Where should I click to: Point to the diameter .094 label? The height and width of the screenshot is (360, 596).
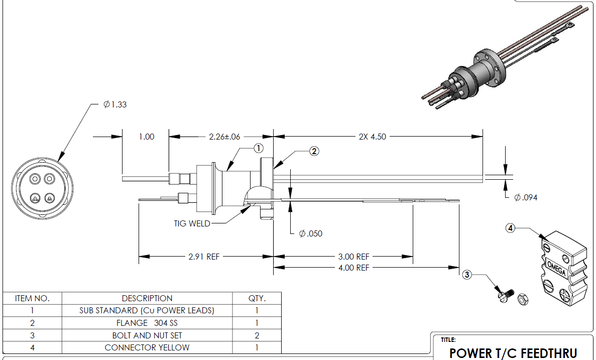(x=526, y=197)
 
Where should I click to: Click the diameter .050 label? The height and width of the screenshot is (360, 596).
(x=311, y=233)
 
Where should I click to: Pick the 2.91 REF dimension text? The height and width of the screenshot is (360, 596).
(x=204, y=257)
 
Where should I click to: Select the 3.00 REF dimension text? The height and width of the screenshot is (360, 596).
(x=354, y=257)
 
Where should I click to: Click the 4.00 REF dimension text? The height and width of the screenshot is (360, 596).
(x=354, y=268)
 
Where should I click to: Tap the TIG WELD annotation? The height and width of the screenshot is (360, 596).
(x=192, y=223)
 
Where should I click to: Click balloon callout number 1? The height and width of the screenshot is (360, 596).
(x=258, y=148)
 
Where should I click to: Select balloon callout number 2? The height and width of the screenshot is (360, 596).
(x=314, y=151)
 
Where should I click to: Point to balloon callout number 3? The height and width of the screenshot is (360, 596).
(x=467, y=275)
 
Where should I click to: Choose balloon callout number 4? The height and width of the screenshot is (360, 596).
(x=510, y=228)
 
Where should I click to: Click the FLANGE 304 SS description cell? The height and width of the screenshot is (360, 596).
(x=147, y=323)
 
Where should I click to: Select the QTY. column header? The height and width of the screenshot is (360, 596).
(x=257, y=298)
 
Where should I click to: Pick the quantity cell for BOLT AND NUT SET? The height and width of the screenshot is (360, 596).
(x=257, y=335)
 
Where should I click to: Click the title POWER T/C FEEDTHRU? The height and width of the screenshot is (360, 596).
(x=513, y=353)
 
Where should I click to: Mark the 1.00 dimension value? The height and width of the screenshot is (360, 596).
(x=146, y=137)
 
